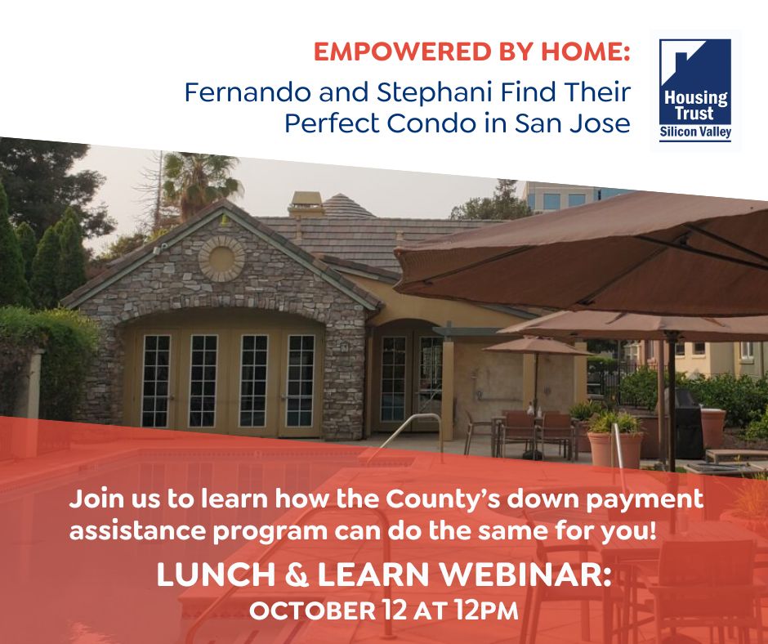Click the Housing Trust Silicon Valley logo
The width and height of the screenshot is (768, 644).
tap(695, 91)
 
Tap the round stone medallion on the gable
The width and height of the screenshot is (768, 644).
tap(221, 258)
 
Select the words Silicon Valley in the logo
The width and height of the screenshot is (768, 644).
tap(695, 131)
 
